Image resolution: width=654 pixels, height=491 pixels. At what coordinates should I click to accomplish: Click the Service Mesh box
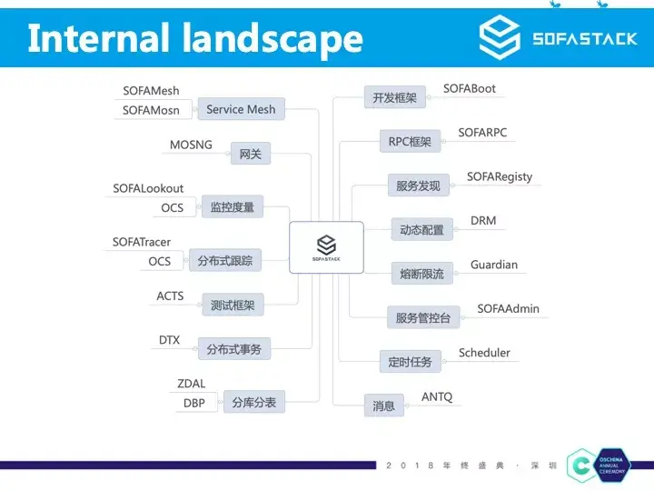241,109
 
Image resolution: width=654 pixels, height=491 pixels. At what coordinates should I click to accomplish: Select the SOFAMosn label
151,111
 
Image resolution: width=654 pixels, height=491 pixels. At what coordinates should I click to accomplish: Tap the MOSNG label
192,145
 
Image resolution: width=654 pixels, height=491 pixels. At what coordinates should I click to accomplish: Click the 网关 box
250,155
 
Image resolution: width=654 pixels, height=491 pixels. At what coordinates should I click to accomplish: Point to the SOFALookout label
148,188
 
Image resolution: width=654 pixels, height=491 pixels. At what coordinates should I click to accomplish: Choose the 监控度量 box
232,207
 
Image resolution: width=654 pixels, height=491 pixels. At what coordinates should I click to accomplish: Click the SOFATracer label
142,242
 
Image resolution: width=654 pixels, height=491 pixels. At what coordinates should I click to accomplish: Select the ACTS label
170,296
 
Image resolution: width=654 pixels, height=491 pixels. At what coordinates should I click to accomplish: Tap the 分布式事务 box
234,349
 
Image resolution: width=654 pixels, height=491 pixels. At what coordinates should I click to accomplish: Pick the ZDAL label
192,384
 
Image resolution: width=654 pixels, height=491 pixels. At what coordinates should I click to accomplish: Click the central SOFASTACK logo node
326,247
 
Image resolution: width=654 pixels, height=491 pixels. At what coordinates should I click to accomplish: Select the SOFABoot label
470,89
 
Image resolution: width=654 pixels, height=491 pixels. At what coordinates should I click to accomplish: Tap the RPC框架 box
409,141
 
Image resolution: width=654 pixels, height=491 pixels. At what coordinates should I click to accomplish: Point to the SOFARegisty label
500,176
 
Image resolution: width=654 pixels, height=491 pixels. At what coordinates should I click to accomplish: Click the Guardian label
494,265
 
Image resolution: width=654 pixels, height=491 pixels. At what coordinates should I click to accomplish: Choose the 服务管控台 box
423,318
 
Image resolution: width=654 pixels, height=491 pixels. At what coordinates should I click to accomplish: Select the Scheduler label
484,353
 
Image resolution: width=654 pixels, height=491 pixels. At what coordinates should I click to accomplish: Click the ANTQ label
437,397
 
